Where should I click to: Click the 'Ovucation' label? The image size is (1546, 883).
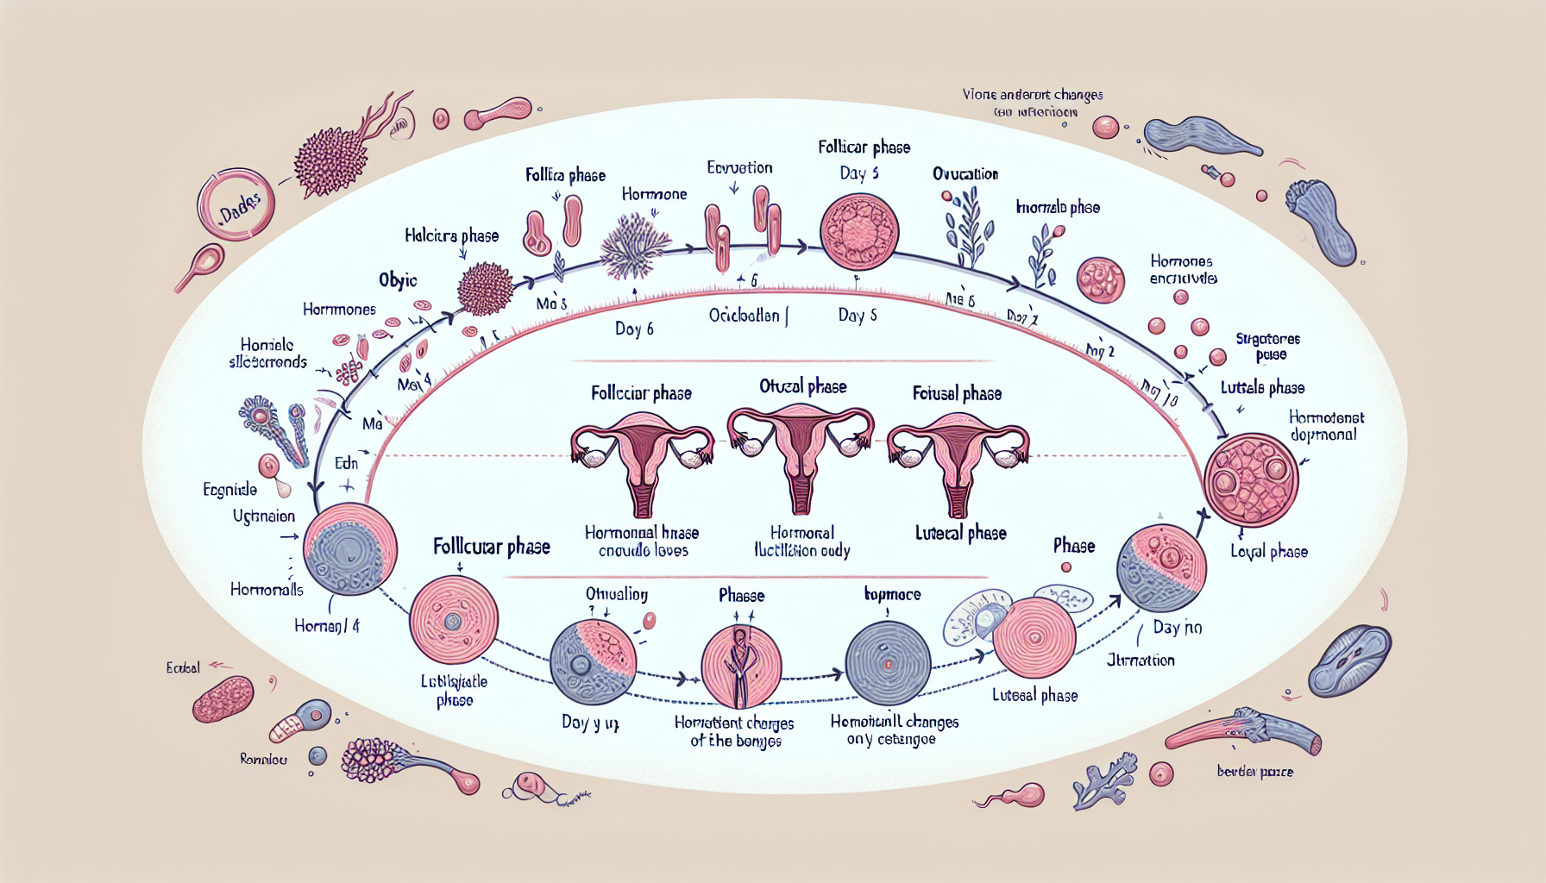click(965, 174)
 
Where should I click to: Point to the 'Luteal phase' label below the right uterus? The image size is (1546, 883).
click(960, 534)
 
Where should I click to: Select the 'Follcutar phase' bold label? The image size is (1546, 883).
click(491, 547)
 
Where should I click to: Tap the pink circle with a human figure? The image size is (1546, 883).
click(741, 666)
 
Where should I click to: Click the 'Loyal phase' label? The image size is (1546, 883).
click(1268, 552)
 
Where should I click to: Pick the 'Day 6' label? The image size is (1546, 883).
click(634, 329)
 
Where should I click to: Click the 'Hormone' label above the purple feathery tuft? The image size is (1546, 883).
click(654, 194)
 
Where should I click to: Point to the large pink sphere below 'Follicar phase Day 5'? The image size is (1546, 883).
click(859, 232)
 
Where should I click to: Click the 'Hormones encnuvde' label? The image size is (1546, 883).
click(1182, 269)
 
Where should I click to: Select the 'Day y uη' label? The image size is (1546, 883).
click(590, 723)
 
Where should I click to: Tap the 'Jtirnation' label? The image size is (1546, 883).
click(1141, 661)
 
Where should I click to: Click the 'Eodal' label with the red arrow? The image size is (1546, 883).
click(183, 667)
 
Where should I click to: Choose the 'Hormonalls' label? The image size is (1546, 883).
click(267, 590)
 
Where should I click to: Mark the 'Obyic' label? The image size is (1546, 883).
click(398, 280)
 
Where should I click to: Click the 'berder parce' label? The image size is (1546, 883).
click(1254, 772)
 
